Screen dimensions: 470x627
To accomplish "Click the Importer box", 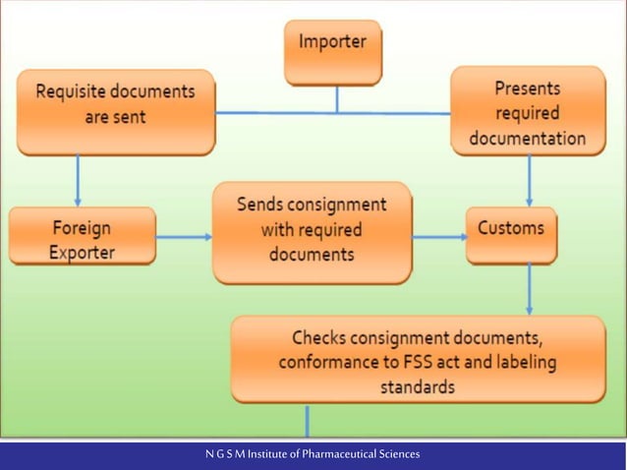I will pyautogui.click(x=332, y=51).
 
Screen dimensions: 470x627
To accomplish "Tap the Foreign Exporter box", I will pyautogui.click(x=82, y=236).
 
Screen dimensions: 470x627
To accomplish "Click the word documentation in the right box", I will pyautogui.click(x=527, y=139).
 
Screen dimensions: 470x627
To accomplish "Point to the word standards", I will pyautogui.click(x=417, y=386).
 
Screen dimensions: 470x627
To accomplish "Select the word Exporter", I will pyautogui.click(x=82, y=252).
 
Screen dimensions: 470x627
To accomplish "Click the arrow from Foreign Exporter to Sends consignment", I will pyautogui.click(x=185, y=236).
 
